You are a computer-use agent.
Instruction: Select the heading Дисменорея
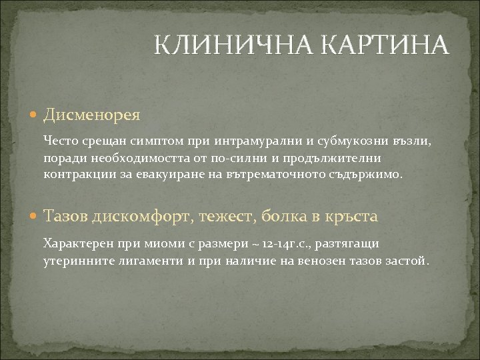[x=91, y=115]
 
